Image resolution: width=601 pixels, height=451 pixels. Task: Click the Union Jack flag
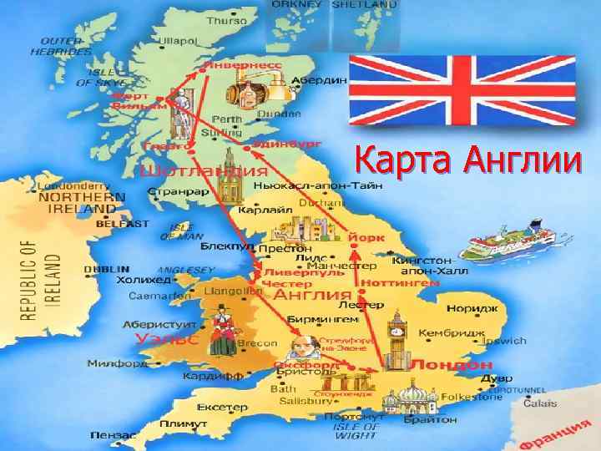462,89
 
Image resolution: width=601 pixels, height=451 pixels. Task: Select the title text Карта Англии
466,159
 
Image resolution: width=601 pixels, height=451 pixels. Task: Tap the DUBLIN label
107,269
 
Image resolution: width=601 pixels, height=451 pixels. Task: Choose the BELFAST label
122,224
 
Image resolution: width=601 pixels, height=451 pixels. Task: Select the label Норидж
466,309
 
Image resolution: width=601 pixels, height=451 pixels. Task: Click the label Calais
540,403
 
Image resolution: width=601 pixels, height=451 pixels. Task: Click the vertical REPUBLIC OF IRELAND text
29,280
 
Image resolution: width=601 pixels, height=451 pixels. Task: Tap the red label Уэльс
167,339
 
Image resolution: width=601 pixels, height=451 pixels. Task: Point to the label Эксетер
222,408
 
